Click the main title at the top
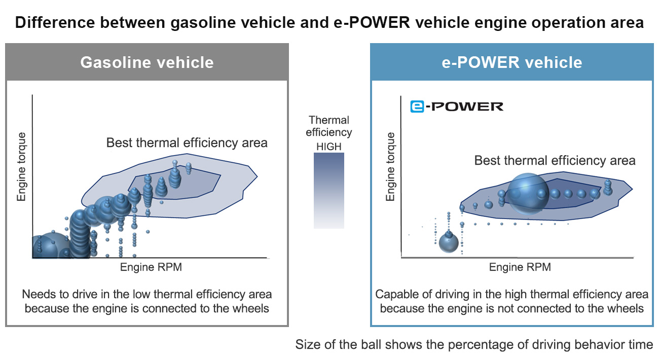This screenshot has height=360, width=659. point(329,23)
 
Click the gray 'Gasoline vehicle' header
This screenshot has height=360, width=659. point(147,62)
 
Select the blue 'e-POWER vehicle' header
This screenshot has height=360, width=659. point(512,62)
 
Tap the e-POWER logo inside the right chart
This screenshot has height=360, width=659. point(457,106)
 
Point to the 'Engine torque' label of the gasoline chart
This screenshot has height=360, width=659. point(21,167)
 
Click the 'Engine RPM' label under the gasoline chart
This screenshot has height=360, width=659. point(151,267)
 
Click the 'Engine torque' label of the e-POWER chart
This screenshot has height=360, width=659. point(390,167)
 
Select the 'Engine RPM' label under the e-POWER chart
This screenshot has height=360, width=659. point(520,267)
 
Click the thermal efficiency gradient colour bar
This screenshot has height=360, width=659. point(329,191)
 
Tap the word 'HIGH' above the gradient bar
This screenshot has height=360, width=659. point(329,147)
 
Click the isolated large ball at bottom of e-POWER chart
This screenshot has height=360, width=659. point(449,243)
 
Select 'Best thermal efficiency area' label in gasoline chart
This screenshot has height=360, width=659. point(187,143)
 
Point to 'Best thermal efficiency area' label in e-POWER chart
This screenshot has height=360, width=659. point(555,161)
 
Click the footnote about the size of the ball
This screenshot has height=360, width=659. point(474,344)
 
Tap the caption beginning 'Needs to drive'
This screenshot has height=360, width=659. point(147,301)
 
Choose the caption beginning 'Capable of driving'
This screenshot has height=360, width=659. point(512,301)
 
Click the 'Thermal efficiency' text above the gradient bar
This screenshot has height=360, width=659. point(329,126)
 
